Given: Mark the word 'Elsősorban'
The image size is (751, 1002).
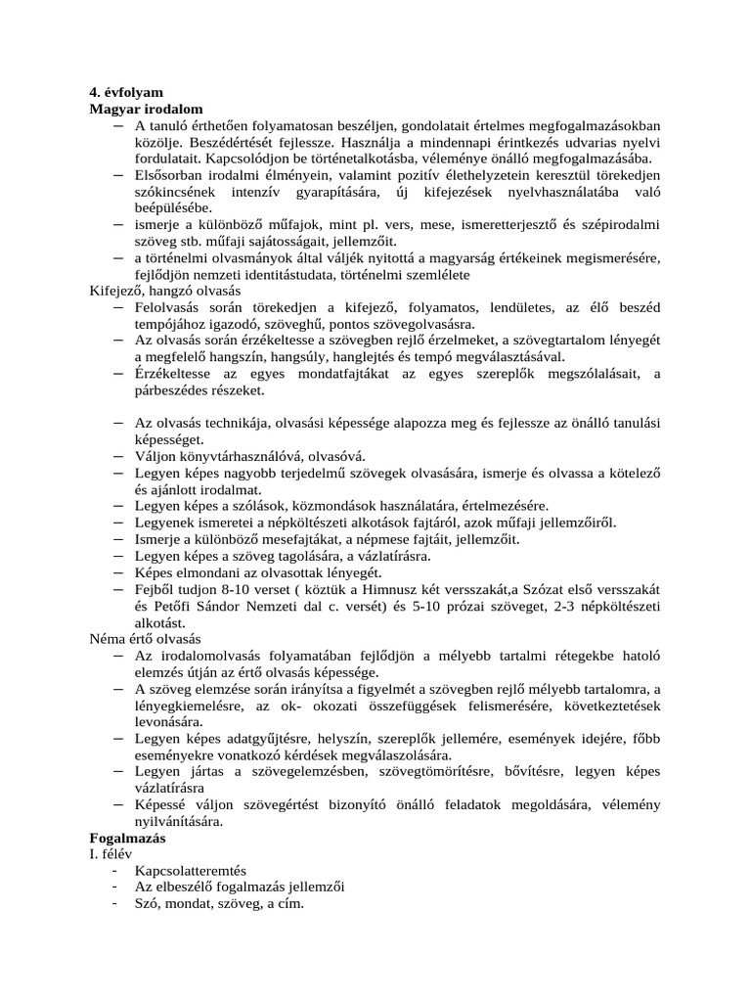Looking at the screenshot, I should (170, 173).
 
